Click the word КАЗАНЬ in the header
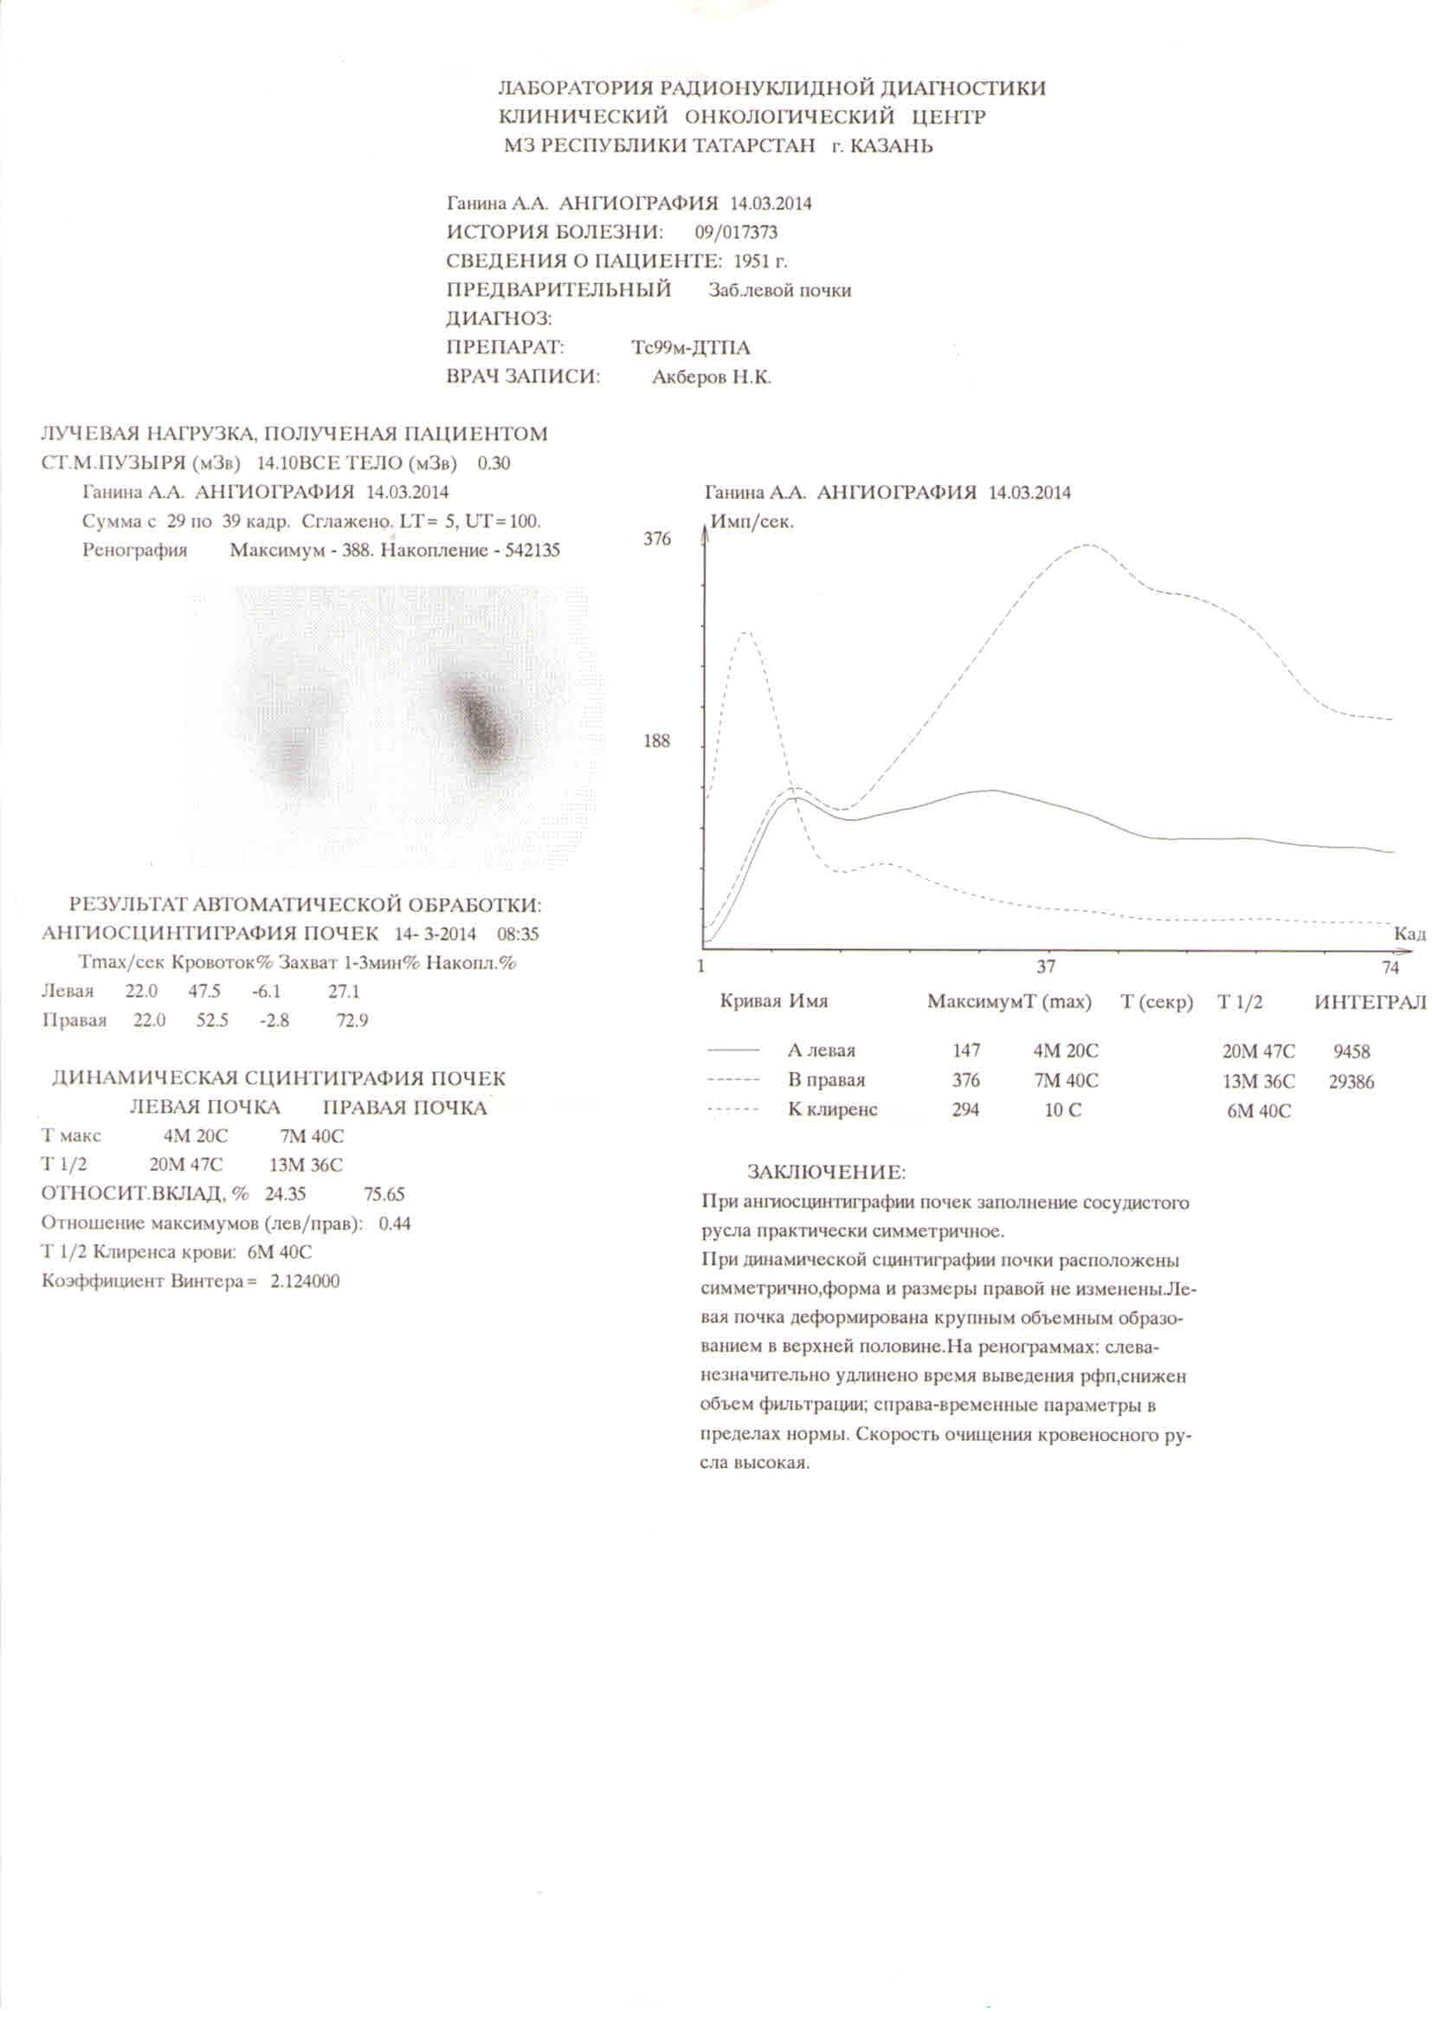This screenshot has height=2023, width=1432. (891, 146)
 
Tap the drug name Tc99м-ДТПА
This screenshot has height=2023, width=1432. (690, 348)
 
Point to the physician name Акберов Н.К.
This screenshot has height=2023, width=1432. (712, 378)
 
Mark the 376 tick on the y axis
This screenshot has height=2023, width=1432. (657, 539)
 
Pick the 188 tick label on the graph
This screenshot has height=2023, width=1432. (657, 740)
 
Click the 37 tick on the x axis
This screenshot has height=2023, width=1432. (1046, 966)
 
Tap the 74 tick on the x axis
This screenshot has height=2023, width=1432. (1390, 967)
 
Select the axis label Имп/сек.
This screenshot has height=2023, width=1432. (752, 522)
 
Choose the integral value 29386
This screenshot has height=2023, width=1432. (1351, 1082)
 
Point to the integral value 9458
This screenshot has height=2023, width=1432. (1351, 1051)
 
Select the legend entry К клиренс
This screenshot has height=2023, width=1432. (831, 1110)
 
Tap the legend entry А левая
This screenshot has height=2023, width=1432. (821, 1051)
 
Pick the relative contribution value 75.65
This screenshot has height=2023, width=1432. (384, 1195)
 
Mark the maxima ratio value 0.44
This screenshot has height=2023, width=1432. (394, 1224)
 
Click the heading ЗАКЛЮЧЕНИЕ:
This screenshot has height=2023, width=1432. (826, 1173)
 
